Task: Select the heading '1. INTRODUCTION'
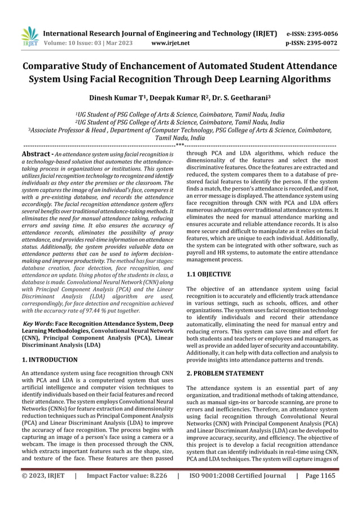(49, 359)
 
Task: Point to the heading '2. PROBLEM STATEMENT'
(225, 373)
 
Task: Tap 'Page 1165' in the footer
(319, 491)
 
